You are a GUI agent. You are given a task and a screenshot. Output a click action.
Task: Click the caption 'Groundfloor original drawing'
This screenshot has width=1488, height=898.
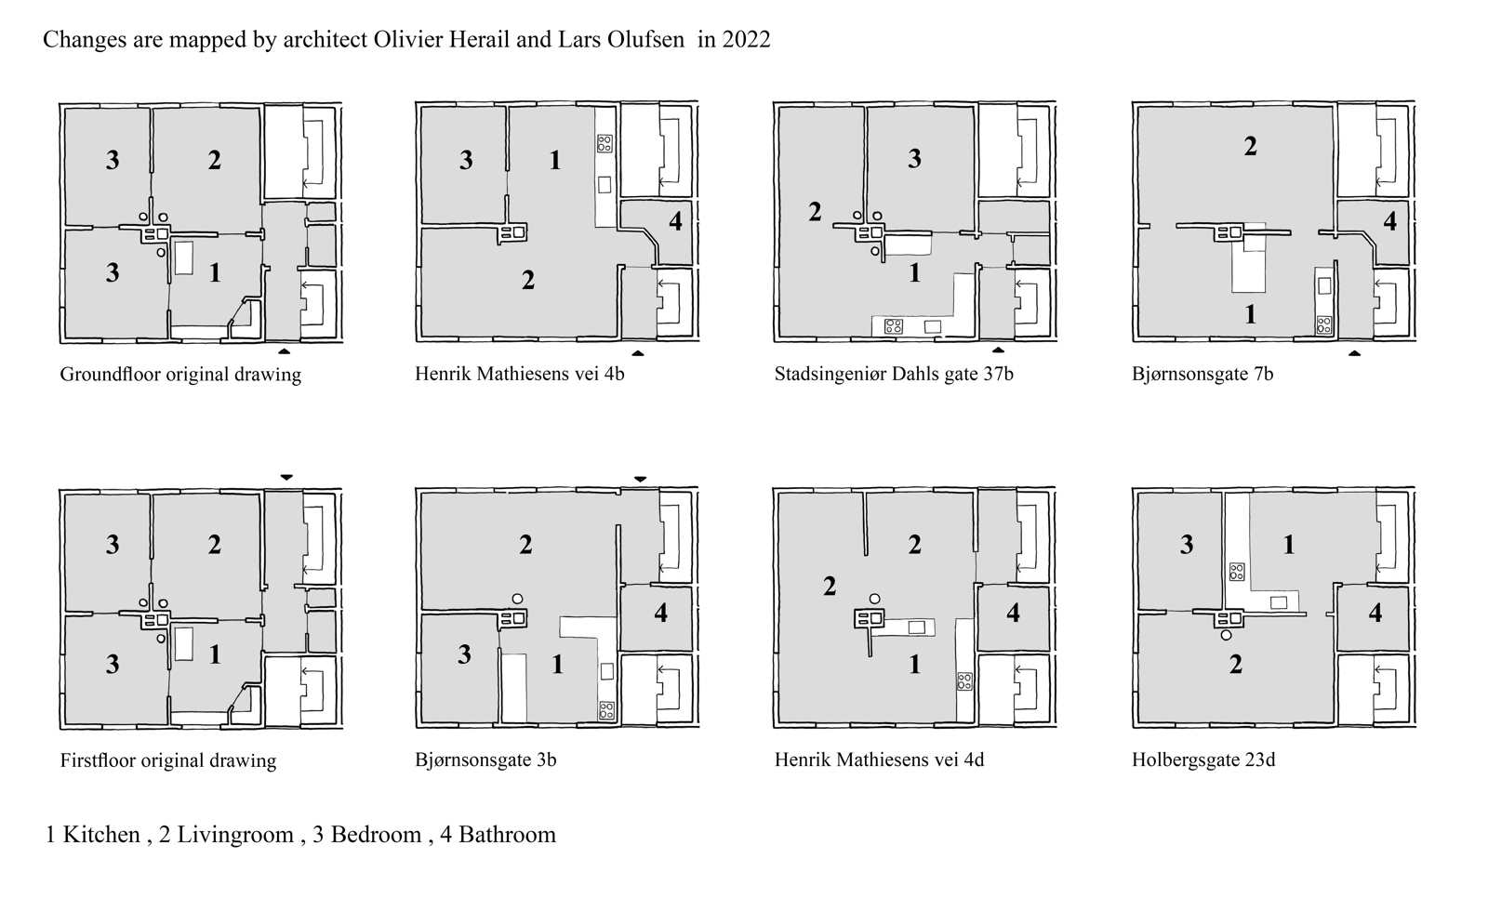[x=180, y=375]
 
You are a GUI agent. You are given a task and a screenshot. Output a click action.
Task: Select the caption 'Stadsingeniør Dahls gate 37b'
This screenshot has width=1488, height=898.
[x=894, y=374]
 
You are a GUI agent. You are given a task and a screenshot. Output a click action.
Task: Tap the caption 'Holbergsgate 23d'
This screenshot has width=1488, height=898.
[x=1203, y=759]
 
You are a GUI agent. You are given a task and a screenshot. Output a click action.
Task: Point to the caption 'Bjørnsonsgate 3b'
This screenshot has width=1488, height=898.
[x=485, y=759]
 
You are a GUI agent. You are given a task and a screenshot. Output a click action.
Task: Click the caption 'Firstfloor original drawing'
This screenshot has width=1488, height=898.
[x=168, y=759]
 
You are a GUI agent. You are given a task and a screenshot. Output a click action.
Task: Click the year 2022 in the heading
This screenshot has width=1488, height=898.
[x=746, y=39]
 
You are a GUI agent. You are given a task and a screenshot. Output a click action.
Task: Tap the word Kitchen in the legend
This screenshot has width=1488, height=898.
[x=101, y=834]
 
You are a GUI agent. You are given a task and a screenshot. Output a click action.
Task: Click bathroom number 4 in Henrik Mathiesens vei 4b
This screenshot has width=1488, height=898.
[x=675, y=221]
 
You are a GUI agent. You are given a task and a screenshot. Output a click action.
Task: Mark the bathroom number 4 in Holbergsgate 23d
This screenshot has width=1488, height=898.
[x=1375, y=613]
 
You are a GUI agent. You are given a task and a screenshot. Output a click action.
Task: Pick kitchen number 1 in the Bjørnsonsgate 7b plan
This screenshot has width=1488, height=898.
[x=1250, y=314]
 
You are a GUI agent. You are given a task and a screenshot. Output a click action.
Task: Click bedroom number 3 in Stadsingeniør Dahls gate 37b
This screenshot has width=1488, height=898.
[x=915, y=158]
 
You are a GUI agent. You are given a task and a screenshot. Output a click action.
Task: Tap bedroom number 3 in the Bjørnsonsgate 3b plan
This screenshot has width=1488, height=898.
[x=464, y=654]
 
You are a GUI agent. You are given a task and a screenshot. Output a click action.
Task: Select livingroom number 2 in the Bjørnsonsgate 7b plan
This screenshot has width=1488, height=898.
[x=1250, y=146]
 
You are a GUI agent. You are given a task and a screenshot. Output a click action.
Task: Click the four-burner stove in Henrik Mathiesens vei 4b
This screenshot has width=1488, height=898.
[x=604, y=143]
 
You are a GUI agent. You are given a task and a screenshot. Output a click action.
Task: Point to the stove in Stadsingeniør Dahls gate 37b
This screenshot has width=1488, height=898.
[x=894, y=326]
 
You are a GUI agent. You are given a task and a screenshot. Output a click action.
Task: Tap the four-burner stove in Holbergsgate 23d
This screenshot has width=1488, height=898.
[x=1236, y=572]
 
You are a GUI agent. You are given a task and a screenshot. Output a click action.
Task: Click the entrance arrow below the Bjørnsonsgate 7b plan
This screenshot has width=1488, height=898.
[x=1354, y=353]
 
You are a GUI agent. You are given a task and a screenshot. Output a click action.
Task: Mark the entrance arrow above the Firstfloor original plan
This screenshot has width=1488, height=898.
[x=286, y=477]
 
